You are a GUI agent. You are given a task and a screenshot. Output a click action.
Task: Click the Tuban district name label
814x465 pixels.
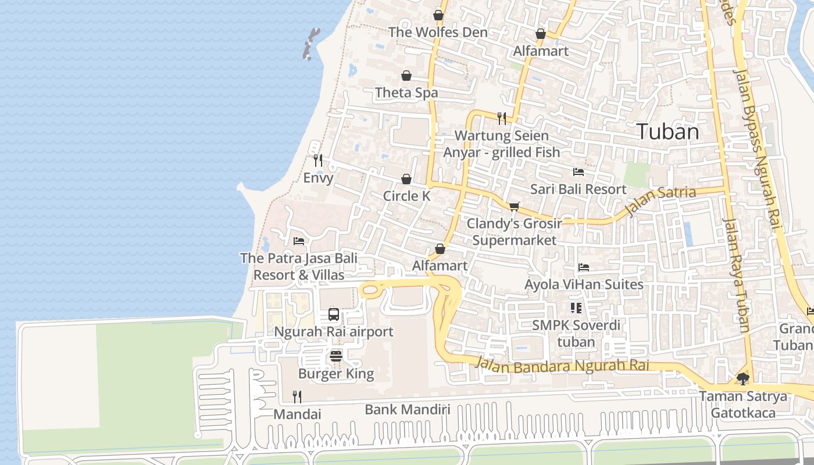667,131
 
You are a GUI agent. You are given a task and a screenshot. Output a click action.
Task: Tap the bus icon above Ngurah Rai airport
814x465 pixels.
334,314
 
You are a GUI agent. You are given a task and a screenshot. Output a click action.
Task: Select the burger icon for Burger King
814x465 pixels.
336,356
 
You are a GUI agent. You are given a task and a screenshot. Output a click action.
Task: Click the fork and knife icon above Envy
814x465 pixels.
318,160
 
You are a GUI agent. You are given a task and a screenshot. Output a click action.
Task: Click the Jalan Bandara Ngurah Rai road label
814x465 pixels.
562,365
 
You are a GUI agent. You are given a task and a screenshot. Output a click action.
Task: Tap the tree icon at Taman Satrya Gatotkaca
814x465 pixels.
742,379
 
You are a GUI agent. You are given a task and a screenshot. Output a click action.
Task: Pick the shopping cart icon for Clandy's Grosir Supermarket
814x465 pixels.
514,206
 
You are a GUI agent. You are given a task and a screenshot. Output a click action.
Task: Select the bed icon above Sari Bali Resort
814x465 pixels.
579,172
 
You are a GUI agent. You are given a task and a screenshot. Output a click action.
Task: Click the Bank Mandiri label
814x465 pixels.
407,409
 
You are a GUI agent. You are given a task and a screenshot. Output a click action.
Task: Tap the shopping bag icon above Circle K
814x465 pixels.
406,179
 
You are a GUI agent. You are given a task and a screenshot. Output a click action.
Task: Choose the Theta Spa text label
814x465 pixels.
406,92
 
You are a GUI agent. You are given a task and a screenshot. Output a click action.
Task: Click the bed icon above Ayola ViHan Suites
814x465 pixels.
584,267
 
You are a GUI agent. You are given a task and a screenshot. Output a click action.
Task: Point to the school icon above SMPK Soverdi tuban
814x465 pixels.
576,307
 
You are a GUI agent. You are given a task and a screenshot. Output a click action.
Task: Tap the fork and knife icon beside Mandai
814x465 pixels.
297,397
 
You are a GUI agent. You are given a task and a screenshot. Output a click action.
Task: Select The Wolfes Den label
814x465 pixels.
438,32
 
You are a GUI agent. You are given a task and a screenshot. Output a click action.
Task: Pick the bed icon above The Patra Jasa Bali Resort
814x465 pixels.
299,241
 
